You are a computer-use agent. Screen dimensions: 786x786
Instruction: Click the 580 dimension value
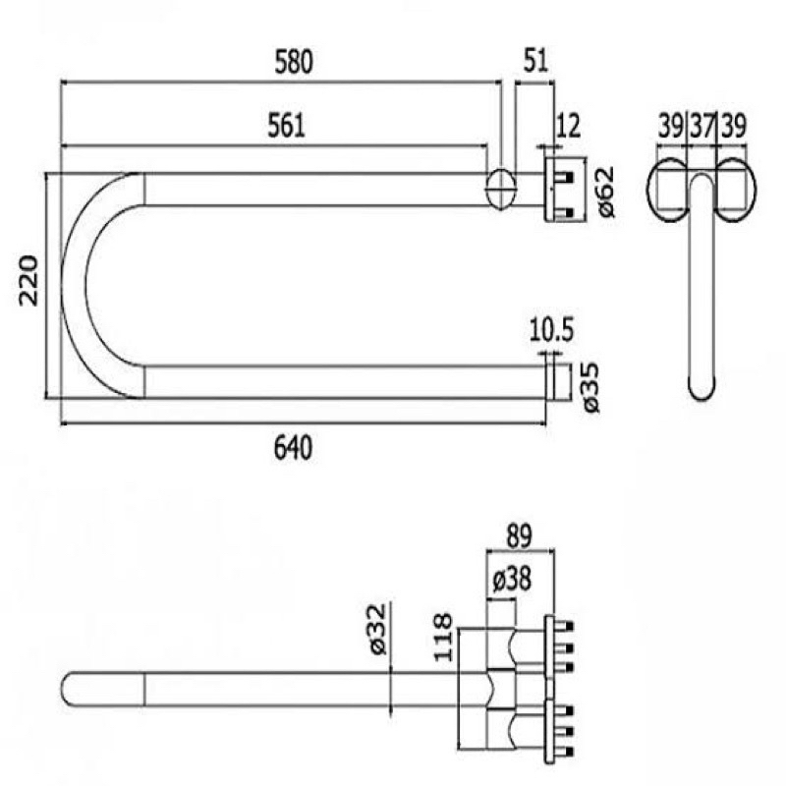click(294, 62)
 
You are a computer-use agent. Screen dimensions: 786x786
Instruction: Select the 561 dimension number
click(286, 126)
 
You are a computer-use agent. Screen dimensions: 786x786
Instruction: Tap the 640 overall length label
click(293, 447)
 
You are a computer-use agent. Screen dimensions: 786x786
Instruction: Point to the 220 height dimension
click(28, 281)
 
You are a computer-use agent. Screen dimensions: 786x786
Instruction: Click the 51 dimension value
click(535, 60)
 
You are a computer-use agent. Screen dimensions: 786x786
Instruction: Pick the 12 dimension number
click(569, 126)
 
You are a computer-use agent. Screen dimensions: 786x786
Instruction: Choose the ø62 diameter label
click(605, 192)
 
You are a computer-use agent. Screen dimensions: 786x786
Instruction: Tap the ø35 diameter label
click(591, 387)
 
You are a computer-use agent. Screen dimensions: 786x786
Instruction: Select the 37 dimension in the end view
click(701, 126)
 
